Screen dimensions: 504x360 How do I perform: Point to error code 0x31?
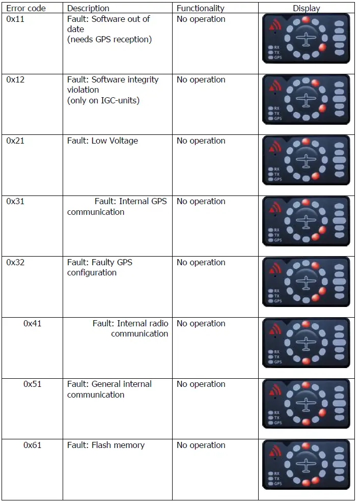pyautogui.click(x=15, y=201)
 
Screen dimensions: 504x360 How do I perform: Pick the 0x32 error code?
pyautogui.click(x=15, y=262)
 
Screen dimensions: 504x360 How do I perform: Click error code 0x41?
pyautogui.click(x=33, y=323)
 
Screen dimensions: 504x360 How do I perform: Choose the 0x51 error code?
pyautogui.click(x=33, y=384)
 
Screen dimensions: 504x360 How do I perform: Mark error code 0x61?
pyautogui.click(x=33, y=445)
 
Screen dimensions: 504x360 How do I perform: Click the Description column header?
pyautogui.click(x=88, y=8)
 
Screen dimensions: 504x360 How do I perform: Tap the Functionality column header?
pyautogui.click(x=200, y=8)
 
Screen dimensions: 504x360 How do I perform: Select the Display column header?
pyautogui.click(x=307, y=8)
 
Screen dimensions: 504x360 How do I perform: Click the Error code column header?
pyautogui.click(x=26, y=8)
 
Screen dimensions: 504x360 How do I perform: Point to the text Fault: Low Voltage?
pyautogui.click(x=102, y=141)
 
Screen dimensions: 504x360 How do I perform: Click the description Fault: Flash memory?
pyautogui.click(x=106, y=445)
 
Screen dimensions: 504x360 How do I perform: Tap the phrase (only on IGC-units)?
pyautogui.click(x=103, y=100)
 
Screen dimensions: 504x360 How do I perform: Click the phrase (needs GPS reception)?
pyautogui.click(x=109, y=39)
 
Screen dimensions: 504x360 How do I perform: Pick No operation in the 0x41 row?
pyautogui.click(x=201, y=323)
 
